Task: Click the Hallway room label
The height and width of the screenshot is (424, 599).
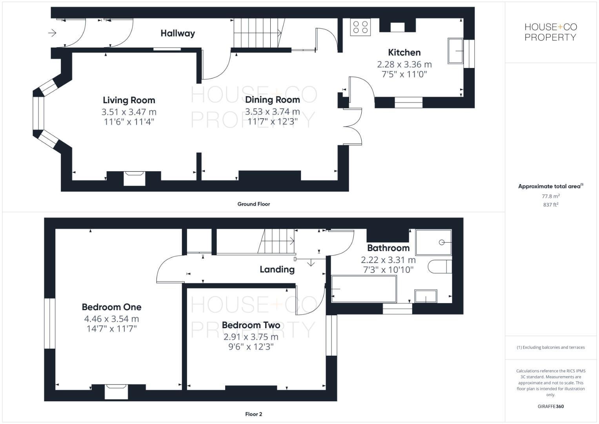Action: click(178, 33)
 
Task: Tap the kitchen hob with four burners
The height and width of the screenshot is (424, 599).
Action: click(360, 27)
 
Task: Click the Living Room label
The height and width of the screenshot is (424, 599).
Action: click(129, 100)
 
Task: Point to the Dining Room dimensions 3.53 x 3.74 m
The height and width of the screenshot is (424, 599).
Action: click(272, 111)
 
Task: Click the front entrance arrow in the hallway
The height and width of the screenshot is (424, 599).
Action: click(53, 33)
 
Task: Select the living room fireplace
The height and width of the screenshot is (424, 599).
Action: click(134, 178)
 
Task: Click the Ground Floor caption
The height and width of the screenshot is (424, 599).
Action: click(253, 204)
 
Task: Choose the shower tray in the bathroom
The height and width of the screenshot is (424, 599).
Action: click(433, 242)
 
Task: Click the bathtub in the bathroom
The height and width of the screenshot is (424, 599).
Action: click(364, 289)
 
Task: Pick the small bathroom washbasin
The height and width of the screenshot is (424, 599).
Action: click(426, 296)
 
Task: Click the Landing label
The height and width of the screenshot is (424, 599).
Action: click(277, 269)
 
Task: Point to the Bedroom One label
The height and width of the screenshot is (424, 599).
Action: click(111, 307)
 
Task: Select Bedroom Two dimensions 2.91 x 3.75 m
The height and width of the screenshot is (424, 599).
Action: click(251, 337)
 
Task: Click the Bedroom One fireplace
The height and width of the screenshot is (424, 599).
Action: click(117, 392)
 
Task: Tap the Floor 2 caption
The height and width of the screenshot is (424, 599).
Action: click(253, 414)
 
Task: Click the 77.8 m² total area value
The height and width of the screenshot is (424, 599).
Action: click(550, 196)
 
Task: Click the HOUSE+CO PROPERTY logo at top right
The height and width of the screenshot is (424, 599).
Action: click(550, 32)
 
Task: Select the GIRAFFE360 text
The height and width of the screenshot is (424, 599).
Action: click(550, 406)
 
